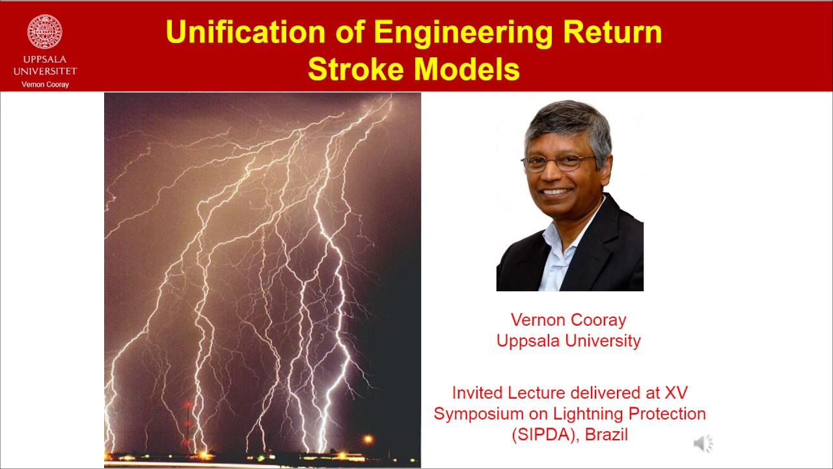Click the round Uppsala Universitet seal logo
point(45,32)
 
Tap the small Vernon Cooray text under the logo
point(45,85)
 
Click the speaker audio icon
point(702,444)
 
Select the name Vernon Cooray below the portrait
point(568,320)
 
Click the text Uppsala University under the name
point(568,341)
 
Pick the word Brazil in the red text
point(607,434)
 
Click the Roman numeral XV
point(676,393)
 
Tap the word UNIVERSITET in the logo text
point(45,71)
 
